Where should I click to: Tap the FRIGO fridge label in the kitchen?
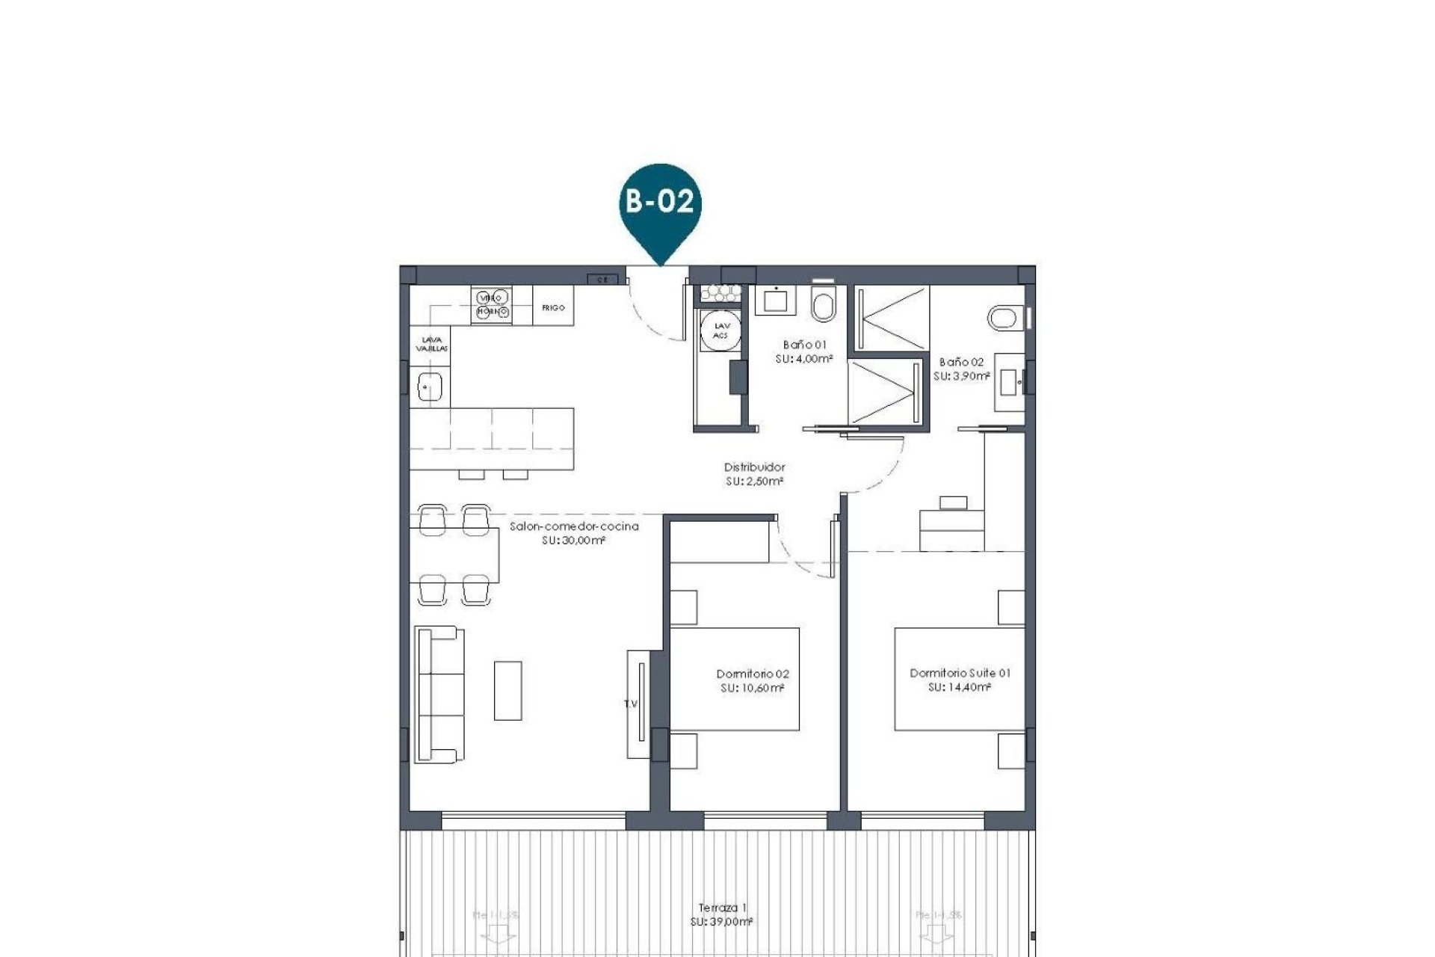coord(553,308)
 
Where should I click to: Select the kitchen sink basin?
coord(430,387)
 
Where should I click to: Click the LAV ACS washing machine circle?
coord(721,330)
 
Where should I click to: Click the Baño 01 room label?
coord(804,345)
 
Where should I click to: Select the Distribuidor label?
coord(754,467)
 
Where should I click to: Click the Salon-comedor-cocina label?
coord(574,526)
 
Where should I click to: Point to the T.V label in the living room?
coord(631,704)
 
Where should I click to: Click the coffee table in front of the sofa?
coord(507,690)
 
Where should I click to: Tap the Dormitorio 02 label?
coord(753,674)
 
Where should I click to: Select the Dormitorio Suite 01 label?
coord(960,673)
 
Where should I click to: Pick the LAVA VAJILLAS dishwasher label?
coord(431,344)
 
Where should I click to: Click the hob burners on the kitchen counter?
coord(491,304)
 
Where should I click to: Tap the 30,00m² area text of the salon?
coord(573,541)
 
